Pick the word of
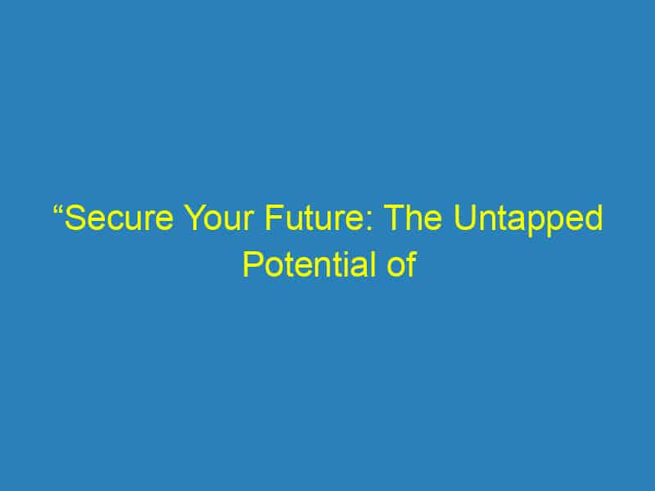[x=401, y=265]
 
